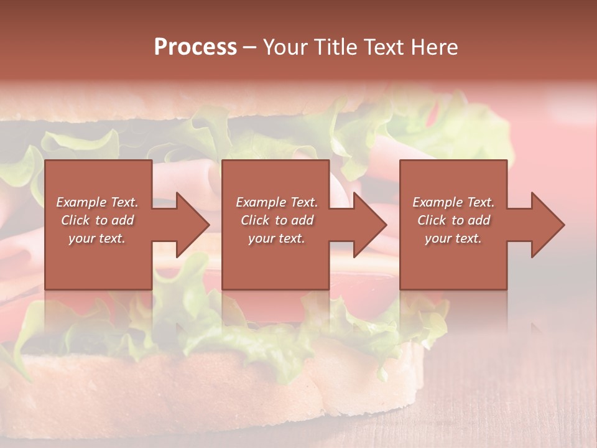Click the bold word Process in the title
point(195,47)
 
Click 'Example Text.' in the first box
point(97,202)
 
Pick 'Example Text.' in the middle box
point(277,202)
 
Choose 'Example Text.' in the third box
point(453,202)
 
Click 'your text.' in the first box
point(97,238)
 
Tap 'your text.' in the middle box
point(277,238)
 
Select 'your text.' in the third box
point(453,238)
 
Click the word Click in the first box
point(75,220)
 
